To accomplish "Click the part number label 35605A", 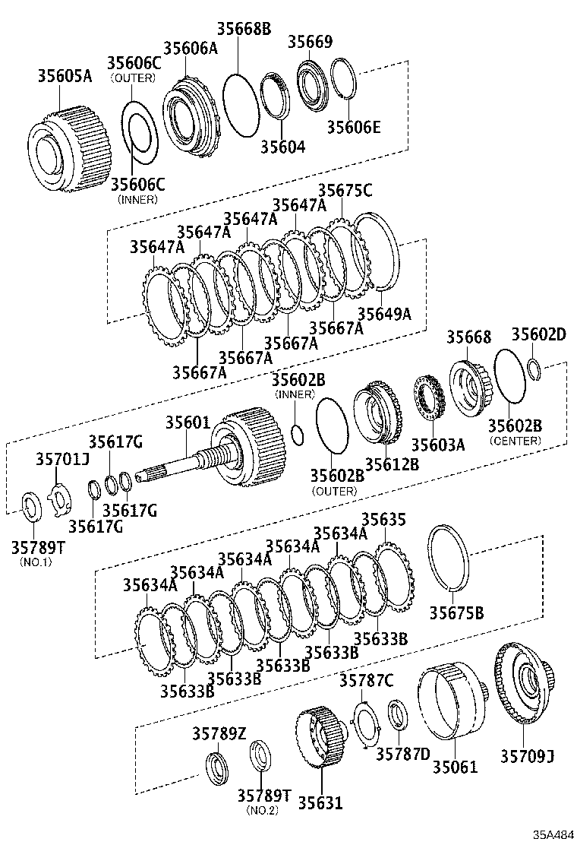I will pyautogui.click(x=65, y=75).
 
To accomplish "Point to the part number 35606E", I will pyautogui.click(x=354, y=127).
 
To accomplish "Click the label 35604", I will pyautogui.click(x=282, y=146).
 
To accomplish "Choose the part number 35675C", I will pyautogui.click(x=345, y=191).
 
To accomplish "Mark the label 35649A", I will pyautogui.click(x=384, y=312).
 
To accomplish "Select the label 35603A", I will pyautogui.click(x=437, y=445).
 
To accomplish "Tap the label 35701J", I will pyautogui.click(x=62, y=460).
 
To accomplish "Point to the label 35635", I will pyautogui.click(x=383, y=519).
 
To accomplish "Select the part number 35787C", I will pyautogui.click(x=366, y=680).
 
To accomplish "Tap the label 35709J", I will pyautogui.click(x=527, y=755).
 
